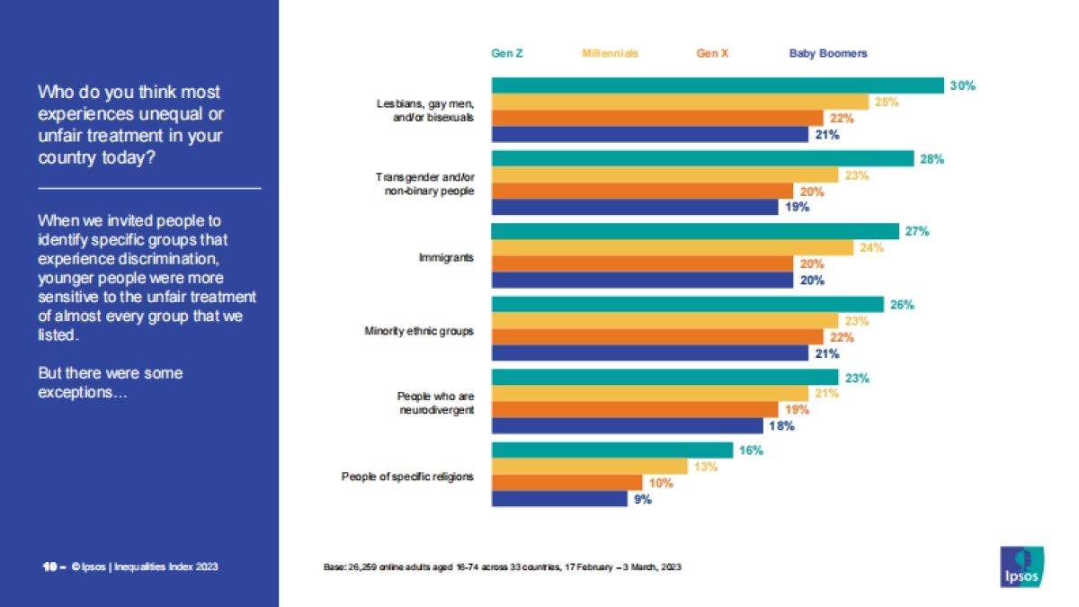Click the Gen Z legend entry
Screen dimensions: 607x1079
[x=507, y=53]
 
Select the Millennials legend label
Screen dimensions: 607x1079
[x=610, y=53]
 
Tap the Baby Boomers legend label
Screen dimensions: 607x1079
[x=828, y=53]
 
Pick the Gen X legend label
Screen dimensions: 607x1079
[x=712, y=53]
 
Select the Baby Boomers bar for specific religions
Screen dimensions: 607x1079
[x=558, y=498]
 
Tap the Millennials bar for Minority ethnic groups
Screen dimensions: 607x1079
[x=664, y=321]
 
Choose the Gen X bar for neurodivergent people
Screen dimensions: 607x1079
[x=639, y=409]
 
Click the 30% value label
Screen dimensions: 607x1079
[x=963, y=85]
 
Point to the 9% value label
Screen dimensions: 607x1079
[x=642, y=499]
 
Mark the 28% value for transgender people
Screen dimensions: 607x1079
[x=932, y=159]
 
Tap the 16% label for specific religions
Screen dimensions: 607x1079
[x=751, y=451]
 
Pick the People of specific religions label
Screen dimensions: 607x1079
[x=407, y=477]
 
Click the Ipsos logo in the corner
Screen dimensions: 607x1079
[x=1021, y=566]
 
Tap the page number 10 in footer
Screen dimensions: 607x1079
[x=49, y=567]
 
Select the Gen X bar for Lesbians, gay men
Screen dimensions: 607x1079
[x=656, y=118]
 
